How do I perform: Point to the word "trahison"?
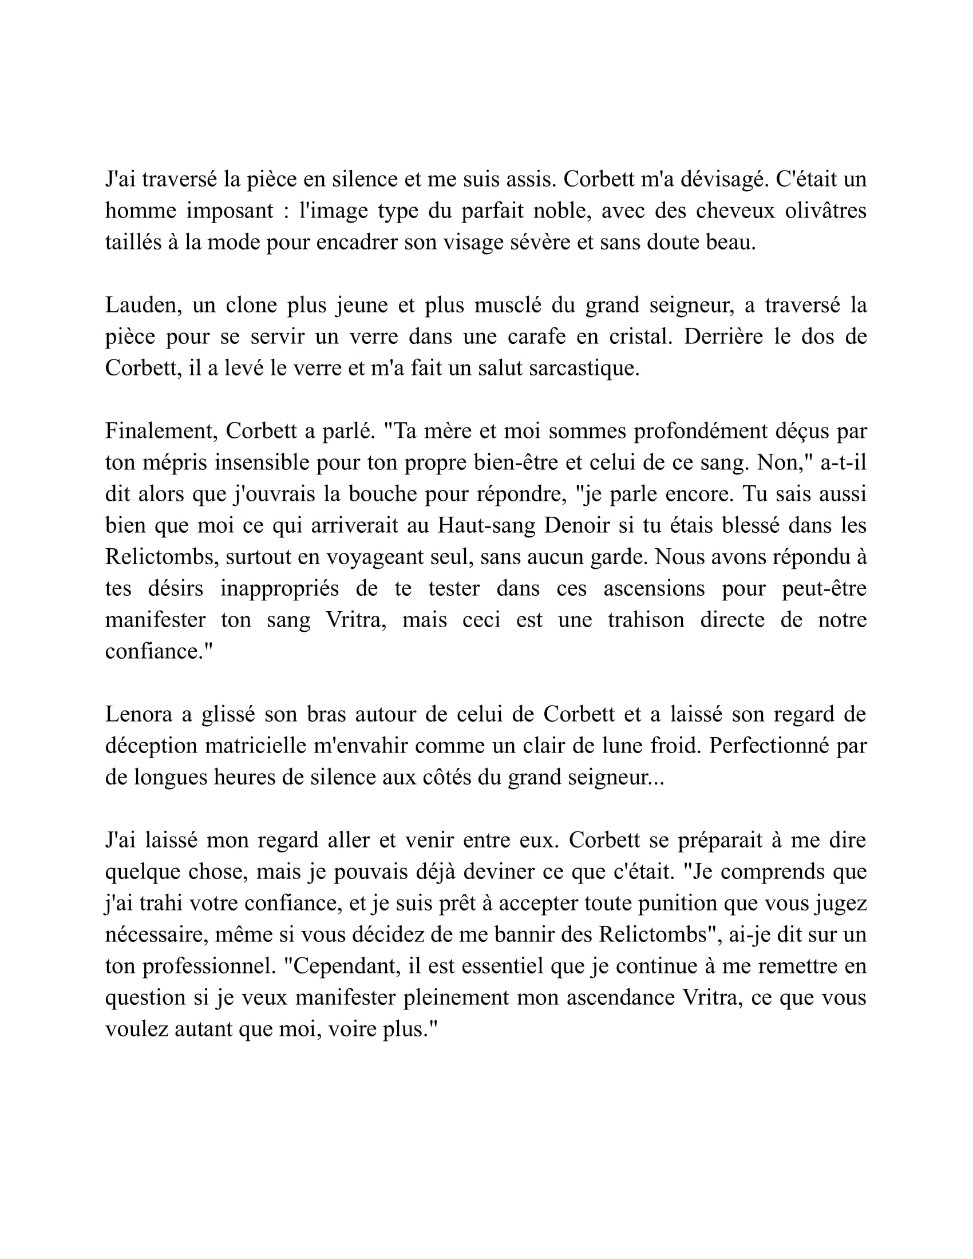point(646,620)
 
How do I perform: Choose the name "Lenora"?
point(139,714)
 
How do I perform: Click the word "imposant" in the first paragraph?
point(230,211)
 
